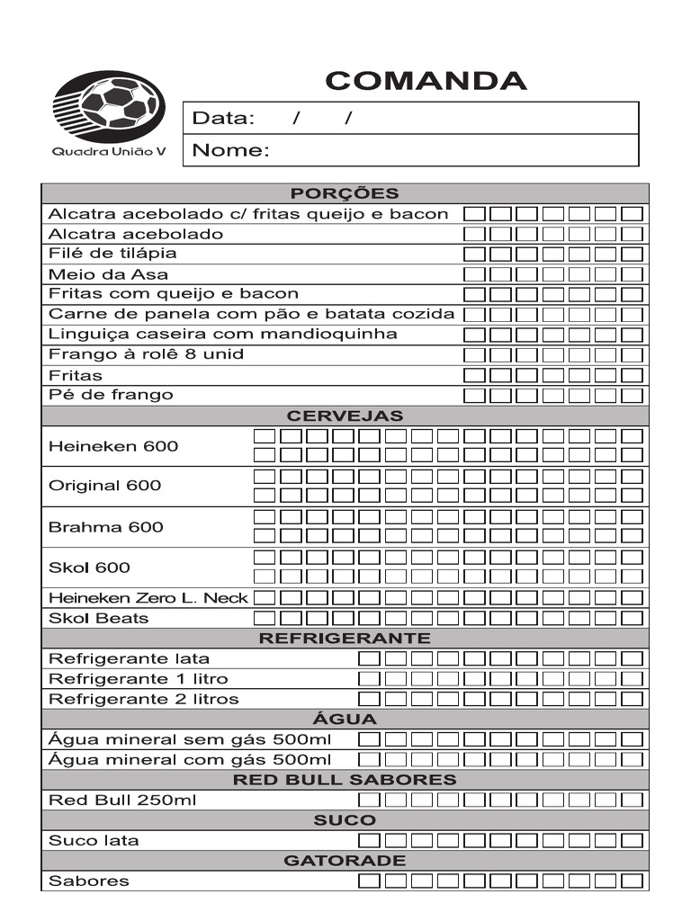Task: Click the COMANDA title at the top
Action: pyautogui.click(x=426, y=81)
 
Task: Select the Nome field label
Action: pyautogui.click(x=231, y=150)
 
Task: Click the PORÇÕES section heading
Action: pyautogui.click(x=345, y=193)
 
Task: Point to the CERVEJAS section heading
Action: pyautogui.click(x=345, y=416)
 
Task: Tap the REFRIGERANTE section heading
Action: pyautogui.click(x=345, y=639)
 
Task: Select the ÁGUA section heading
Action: pyautogui.click(x=345, y=720)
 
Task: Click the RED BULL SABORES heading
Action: pyautogui.click(x=345, y=780)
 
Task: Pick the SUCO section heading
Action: pyautogui.click(x=345, y=820)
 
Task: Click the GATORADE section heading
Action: pyautogui.click(x=345, y=861)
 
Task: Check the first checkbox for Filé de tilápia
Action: pyautogui.click(x=474, y=255)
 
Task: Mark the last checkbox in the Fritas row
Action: pyautogui.click(x=633, y=376)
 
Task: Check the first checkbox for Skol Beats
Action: pyautogui.click(x=265, y=618)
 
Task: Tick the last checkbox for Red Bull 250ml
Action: pyautogui.click(x=633, y=800)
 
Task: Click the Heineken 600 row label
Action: pyautogui.click(x=113, y=446)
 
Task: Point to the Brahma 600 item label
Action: pyautogui.click(x=106, y=527)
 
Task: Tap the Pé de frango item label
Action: pyautogui.click(x=111, y=395)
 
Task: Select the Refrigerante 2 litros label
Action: pyautogui.click(x=144, y=699)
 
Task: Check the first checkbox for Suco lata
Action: pyautogui.click(x=369, y=841)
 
